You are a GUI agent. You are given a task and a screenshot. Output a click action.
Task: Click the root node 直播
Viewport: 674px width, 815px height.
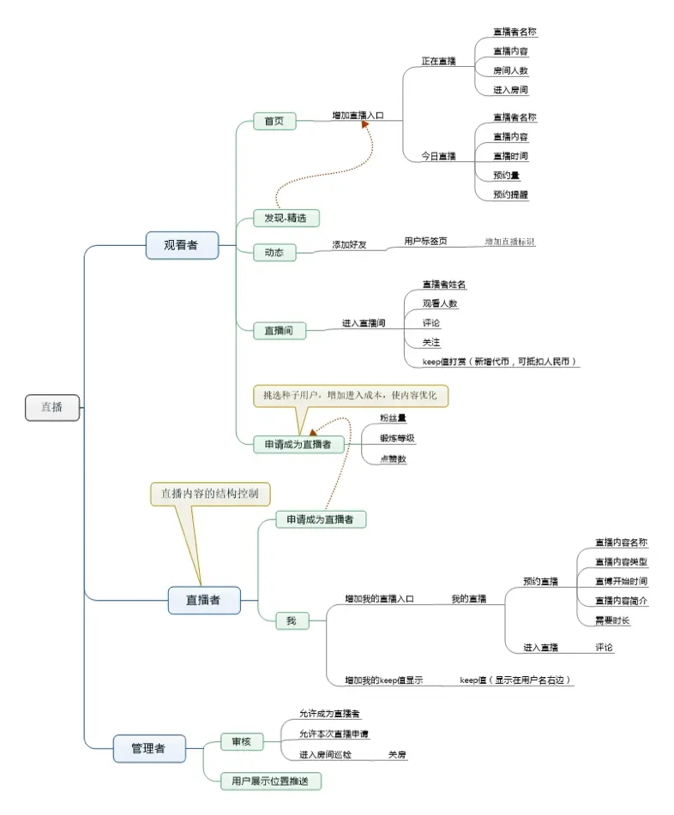[52, 407]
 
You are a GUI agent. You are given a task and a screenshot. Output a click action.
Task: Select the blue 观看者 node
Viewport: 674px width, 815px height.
[182, 245]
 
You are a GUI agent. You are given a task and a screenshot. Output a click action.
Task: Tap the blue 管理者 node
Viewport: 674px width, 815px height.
[149, 748]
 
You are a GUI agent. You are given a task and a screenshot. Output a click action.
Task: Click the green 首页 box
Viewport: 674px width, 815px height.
[274, 121]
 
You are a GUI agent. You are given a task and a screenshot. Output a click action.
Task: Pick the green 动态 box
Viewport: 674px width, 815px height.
[274, 253]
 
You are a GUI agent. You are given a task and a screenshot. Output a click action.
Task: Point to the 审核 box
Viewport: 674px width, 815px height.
[241, 741]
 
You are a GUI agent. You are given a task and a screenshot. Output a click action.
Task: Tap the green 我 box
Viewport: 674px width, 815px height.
[292, 620]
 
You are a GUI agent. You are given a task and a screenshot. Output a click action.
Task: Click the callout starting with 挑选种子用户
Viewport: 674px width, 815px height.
[351, 395]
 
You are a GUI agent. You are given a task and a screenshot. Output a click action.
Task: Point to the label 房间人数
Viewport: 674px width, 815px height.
[510, 70]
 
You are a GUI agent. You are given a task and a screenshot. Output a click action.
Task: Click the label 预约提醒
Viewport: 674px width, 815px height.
[510, 195]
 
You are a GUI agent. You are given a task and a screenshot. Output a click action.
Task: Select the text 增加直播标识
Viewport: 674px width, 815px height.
[509, 243]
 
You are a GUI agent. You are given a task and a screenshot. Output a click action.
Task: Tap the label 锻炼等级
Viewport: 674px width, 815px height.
[398, 438]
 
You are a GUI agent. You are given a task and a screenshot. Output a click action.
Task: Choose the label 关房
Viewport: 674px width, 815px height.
[397, 755]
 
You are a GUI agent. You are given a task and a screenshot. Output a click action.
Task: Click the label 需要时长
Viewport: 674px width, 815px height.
[612, 620]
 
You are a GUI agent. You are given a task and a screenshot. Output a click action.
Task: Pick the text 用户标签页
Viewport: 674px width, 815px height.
[425, 242]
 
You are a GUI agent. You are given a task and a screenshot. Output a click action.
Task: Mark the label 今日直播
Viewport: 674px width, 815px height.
[438, 156]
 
